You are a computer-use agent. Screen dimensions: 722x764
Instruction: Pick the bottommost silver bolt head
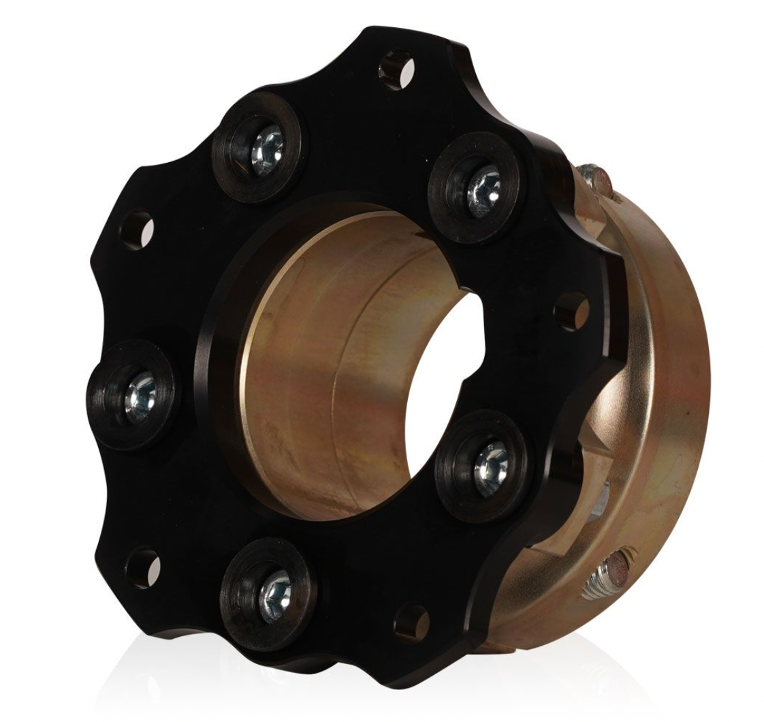[x=274, y=588]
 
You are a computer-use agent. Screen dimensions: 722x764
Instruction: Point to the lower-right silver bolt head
[x=491, y=463]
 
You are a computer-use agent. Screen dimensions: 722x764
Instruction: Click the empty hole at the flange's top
[x=396, y=68]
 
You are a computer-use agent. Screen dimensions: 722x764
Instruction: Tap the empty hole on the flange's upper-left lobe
[x=137, y=230]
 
